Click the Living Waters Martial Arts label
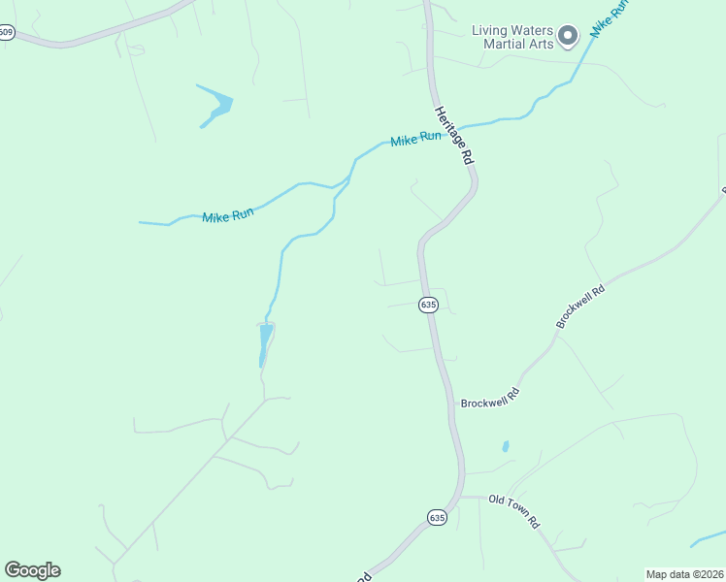(x=513, y=37)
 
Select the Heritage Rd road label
(x=453, y=135)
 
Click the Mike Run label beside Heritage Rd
(x=415, y=140)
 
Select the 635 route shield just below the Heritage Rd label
(x=429, y=305)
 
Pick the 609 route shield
(x=7, y=32)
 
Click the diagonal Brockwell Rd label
(x=580, y=305)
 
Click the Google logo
(x=32, y=569)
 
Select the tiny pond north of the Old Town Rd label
(x=505, y=447)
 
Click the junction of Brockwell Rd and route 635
(x=452, y=402)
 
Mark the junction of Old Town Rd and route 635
(x=461, y=498)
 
